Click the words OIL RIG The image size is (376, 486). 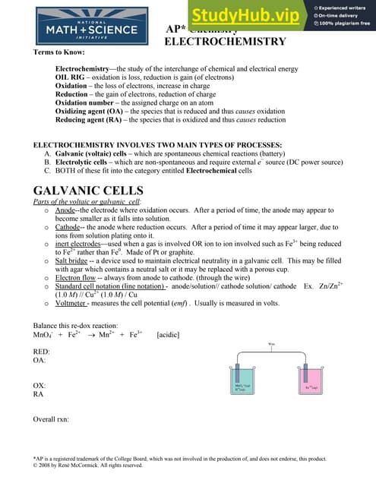71,77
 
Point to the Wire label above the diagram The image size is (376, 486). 273,343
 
